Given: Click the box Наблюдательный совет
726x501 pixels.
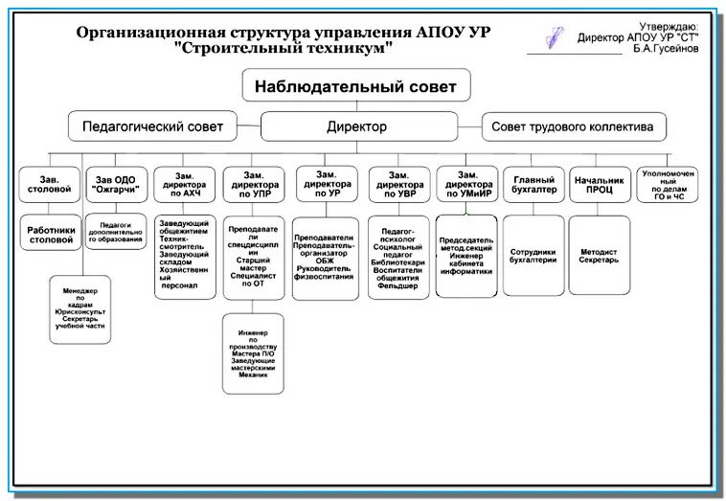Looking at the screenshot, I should click(x=362, y=86).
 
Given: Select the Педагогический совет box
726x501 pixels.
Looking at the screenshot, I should click(x=152, y=126).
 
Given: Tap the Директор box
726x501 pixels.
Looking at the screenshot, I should click(x=356, y=126).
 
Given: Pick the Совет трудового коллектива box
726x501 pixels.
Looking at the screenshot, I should click(x=573, y=126).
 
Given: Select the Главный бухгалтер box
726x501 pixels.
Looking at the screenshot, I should click(x=533, y=183).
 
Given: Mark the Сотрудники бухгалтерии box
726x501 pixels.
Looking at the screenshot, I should click(x=533, y=253).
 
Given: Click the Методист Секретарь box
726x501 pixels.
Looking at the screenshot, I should click(x=600, y=255).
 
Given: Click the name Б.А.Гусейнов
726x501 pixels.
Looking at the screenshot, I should click(x=666, y=49).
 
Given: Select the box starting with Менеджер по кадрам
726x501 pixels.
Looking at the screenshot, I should click(x=81, y=308).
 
